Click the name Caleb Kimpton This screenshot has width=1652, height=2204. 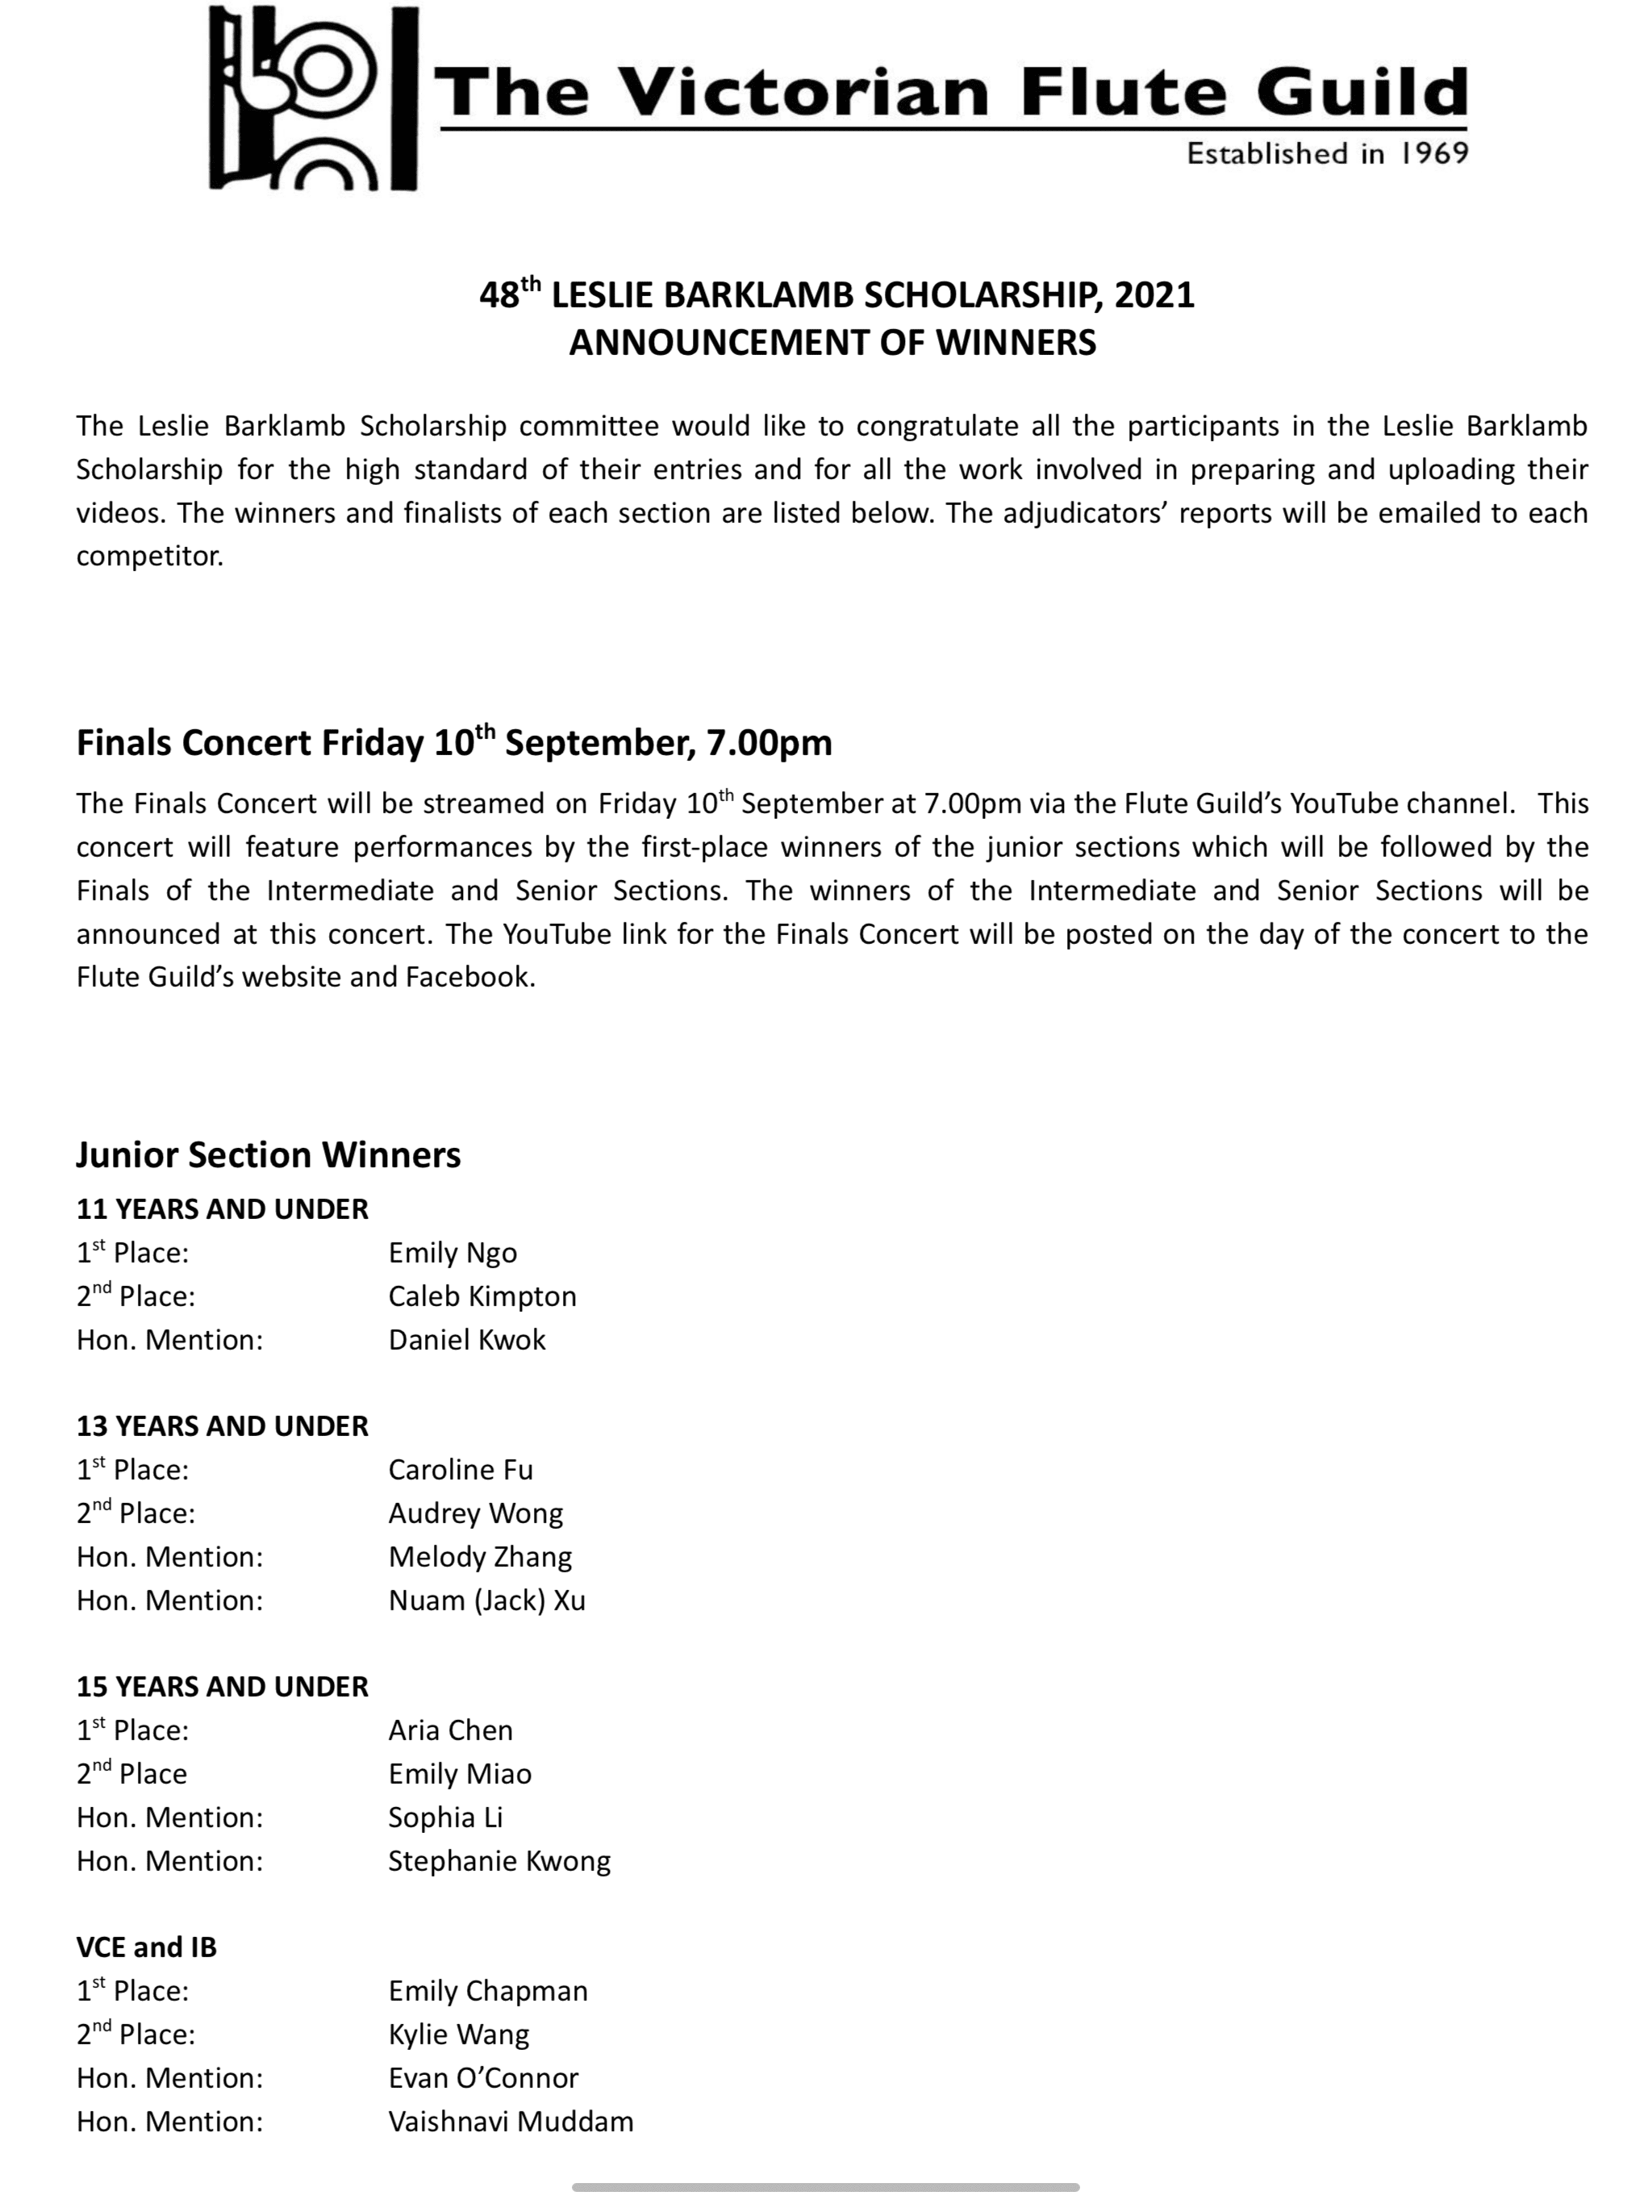pos(482,1296)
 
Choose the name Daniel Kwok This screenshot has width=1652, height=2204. pos(466,1340)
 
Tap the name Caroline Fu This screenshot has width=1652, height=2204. pos(461,1470)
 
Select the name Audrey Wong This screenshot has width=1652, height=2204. pos(475,1513)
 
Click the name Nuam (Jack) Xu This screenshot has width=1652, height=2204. pos(486,1601)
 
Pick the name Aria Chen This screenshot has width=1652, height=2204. pos(450,1730)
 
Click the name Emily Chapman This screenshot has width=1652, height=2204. pos(488,1991)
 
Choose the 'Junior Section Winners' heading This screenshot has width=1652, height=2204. pos(268,1154)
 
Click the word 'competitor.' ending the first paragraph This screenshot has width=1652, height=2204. pos(149,556)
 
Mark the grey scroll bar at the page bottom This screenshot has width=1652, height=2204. pos(825,2188)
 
